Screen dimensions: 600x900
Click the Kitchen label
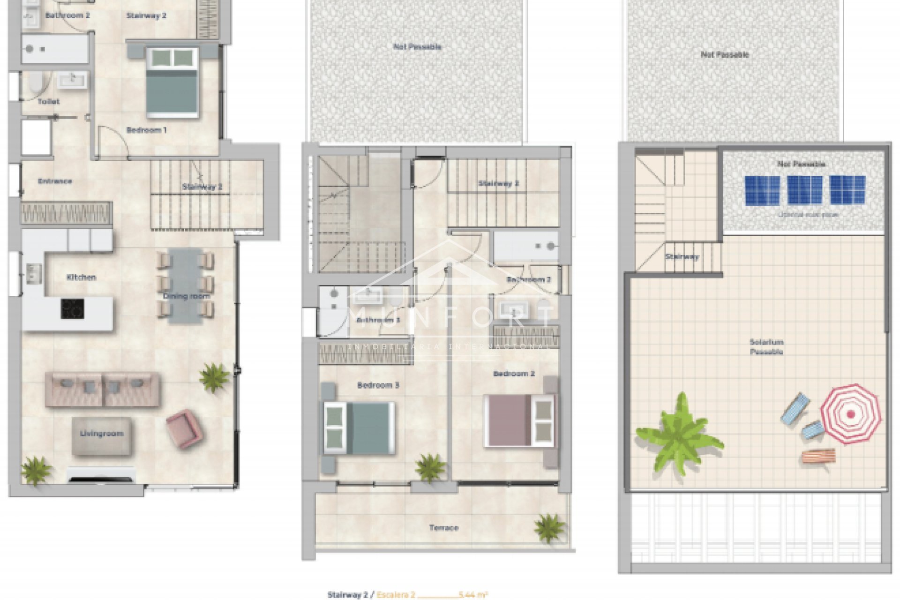coord(81,277)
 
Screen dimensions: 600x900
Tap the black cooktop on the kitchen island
coord(73,309)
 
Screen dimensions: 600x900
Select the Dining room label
coord(186,296)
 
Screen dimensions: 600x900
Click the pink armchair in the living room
coord(185,428)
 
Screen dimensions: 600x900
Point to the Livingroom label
coord(102,434)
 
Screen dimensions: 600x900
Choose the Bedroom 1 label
coord(146,130)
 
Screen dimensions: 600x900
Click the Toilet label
coord(49,101)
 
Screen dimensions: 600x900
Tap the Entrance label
coord(55,181)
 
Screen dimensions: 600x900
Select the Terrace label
coord(443,528)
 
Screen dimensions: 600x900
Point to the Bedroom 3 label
coord(378,385)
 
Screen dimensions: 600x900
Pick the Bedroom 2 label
coord(514,374)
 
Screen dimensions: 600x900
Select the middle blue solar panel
coord(804,190)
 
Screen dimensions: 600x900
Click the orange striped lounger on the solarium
coord(818,456)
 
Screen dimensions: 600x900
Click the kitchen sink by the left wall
coord(33,273)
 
